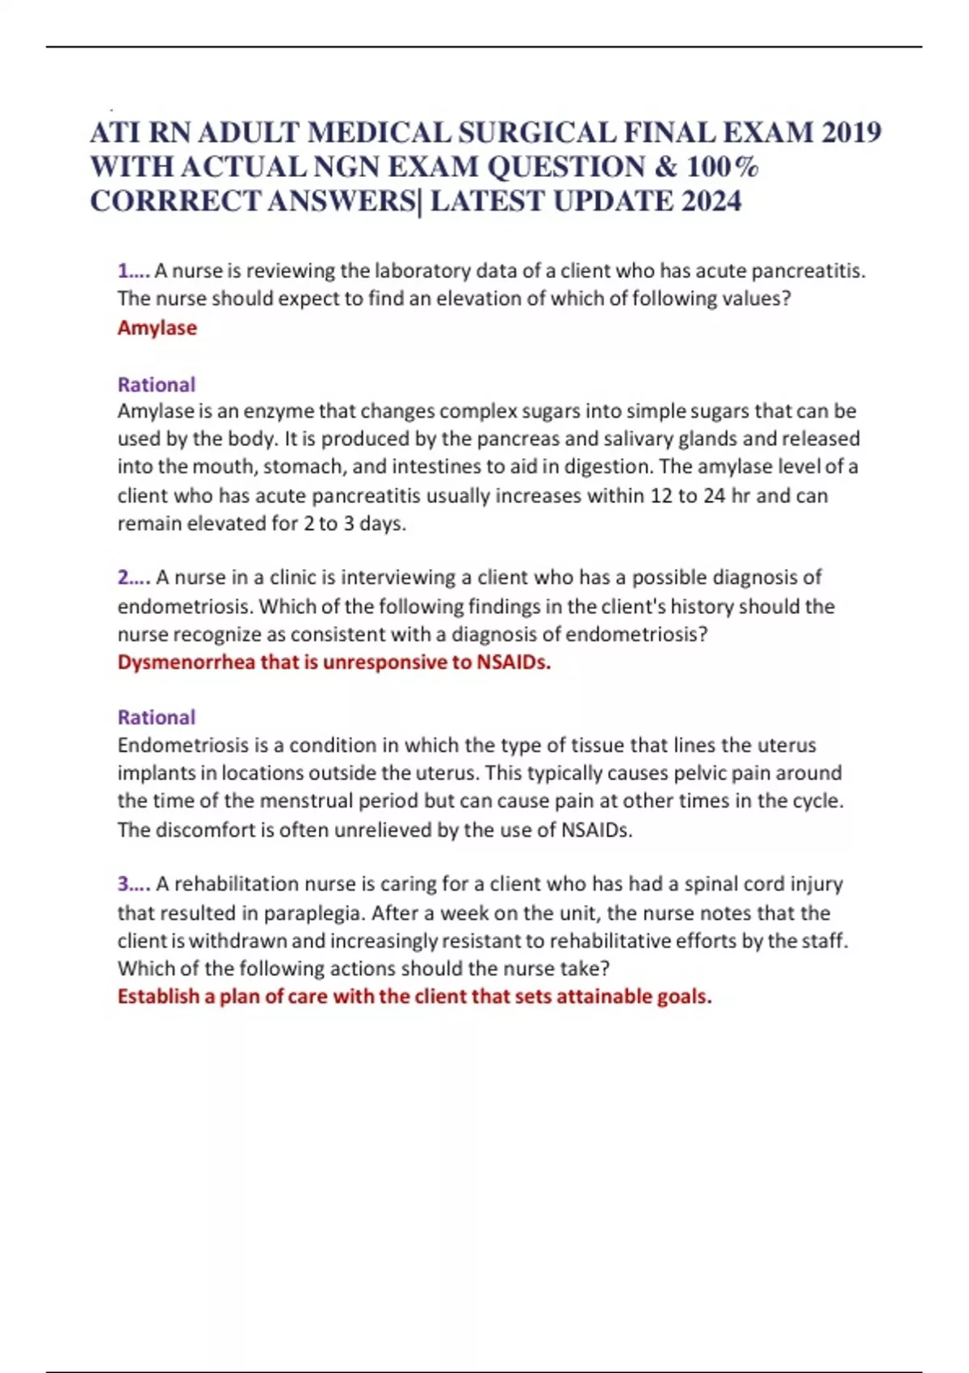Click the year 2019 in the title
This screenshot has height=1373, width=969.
point(850,132)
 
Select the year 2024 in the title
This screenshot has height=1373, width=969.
point(711,201)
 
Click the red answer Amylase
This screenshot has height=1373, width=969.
point(157,328)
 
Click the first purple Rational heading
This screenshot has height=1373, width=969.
point(156,384)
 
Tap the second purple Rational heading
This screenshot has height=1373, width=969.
point(156,717)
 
